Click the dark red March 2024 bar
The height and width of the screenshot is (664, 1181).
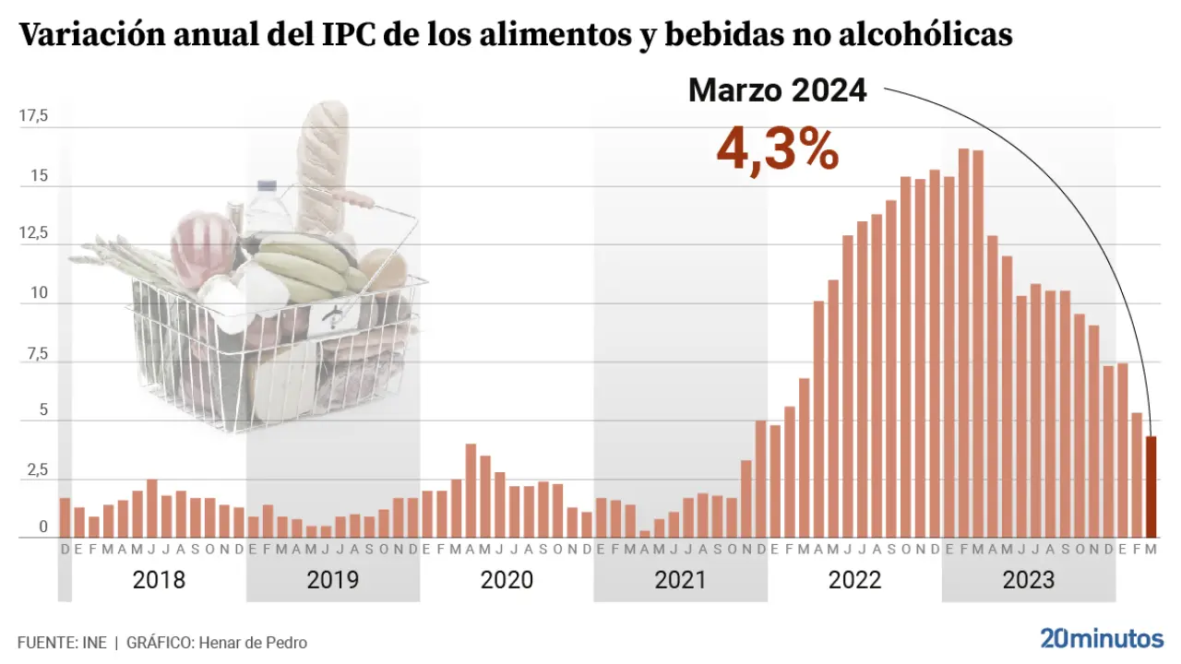1151,487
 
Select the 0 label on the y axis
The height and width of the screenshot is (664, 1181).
42,528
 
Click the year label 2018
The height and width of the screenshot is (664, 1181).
159,580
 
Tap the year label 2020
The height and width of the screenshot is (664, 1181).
507,580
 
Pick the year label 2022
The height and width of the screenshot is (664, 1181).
854,580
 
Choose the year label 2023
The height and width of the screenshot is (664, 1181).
1028,580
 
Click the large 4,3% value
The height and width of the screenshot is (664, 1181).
778,149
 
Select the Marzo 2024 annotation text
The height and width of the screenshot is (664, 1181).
777,90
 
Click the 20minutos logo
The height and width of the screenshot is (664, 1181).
1102,638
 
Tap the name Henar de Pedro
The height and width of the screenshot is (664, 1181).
251,643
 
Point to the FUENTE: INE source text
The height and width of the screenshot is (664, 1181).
62,643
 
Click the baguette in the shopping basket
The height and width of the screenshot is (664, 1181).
324,166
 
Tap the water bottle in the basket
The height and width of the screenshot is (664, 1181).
267,207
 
